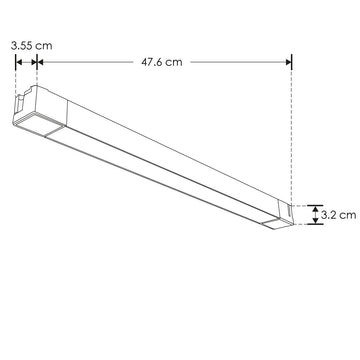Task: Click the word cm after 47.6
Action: point(175,62)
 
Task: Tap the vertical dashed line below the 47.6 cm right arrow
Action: point(292,130)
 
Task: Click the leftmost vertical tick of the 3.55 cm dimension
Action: point(16,62)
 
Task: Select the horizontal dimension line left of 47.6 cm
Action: point(90,62)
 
